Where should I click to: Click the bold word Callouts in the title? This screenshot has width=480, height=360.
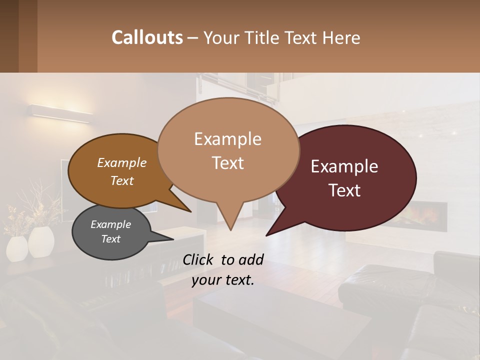pos(147,37)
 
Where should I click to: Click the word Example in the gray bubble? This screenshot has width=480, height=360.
pos(110,224)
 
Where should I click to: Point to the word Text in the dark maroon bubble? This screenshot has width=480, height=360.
pos(344,190)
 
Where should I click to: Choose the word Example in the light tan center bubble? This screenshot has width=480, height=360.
pos(227,139)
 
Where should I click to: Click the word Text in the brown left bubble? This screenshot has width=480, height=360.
pos(122,180)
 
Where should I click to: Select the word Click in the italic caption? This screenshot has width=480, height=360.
pos(199,259)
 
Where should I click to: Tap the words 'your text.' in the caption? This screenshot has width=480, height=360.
pos(223,280)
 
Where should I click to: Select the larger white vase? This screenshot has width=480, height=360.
pos(41,242)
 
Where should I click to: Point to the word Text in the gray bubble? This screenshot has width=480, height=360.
pos(110,239)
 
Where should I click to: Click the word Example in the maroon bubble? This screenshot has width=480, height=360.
pos(344,166)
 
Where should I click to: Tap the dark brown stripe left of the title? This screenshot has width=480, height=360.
pos(27,36)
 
